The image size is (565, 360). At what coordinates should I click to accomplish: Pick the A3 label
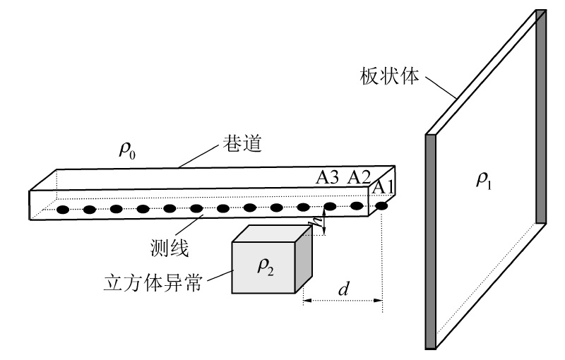click(328, 178)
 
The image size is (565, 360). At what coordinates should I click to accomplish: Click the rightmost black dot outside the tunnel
click(383, 205)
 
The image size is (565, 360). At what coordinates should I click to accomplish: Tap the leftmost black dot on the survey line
click(63, 210)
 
